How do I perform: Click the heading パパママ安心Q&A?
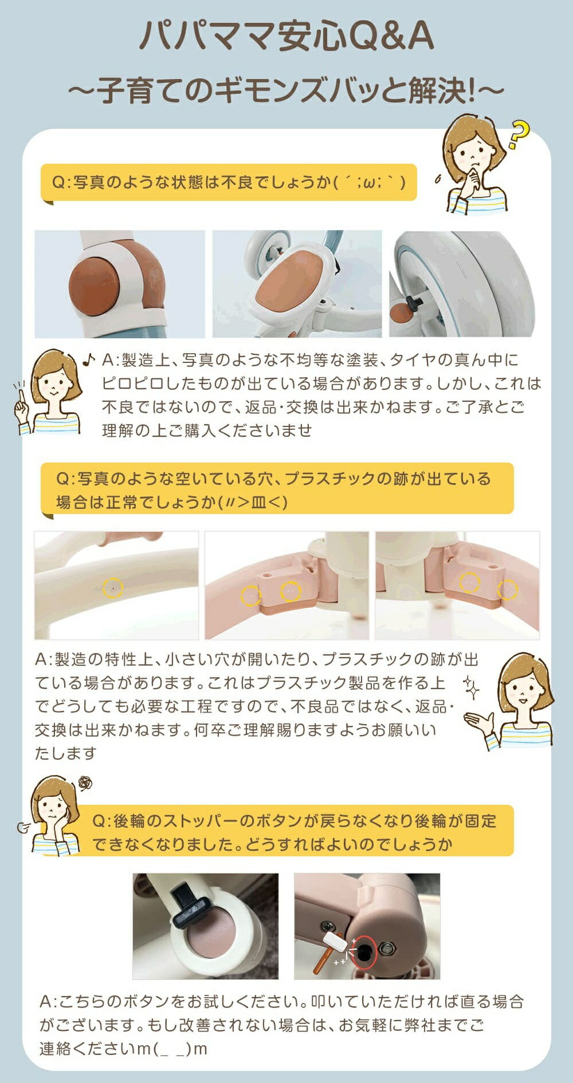(x=286, y=37)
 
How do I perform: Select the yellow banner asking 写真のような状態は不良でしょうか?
(x=229, y=183)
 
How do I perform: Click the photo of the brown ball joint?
(x=120, y=284)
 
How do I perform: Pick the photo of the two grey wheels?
(x=462, y=284)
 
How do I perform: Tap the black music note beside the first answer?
(x=89, y=359)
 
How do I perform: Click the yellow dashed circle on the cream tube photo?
(x=112, y=587)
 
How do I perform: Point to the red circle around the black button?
(x=363, y=952)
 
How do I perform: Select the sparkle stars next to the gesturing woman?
(x=471, y=687)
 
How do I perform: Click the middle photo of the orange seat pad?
(x=297, y=284)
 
